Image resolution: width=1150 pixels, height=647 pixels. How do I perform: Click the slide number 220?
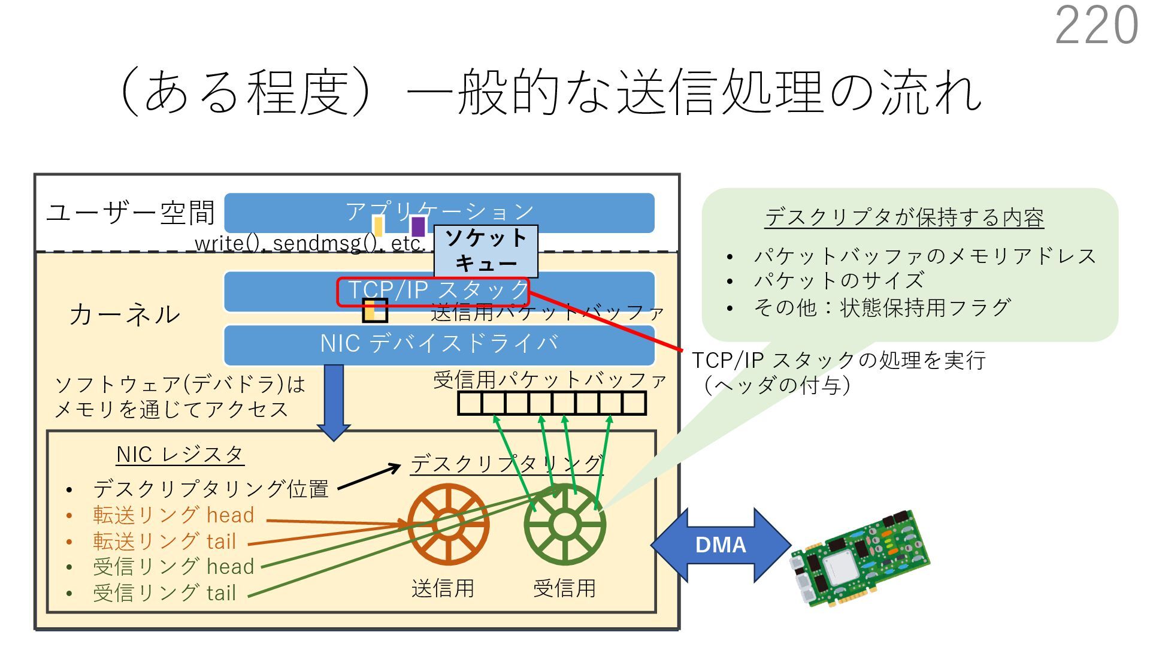1096,25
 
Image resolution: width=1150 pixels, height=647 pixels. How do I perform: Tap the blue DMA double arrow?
721,545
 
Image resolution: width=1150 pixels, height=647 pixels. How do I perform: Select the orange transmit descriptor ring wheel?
448,525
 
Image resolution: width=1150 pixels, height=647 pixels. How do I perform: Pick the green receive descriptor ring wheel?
564,525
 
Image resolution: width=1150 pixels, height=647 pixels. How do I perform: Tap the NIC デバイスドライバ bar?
439,344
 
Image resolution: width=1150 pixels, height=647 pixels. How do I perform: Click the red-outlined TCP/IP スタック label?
433,291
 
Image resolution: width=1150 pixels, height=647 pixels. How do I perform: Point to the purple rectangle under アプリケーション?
417,226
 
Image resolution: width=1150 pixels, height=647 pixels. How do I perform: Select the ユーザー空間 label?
131,213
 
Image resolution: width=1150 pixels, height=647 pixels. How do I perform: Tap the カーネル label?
125,315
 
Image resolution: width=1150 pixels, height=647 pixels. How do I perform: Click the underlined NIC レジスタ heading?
180,454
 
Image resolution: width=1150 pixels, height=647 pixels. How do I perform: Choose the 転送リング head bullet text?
173,515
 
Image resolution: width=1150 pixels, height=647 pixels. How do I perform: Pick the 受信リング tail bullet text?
164,593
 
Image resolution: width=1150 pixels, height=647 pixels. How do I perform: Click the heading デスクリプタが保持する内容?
904,217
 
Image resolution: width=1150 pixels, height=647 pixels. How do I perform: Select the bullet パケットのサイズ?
839,280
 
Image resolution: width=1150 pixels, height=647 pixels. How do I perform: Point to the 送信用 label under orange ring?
443,588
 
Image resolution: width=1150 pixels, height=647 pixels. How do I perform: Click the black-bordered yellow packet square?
375,310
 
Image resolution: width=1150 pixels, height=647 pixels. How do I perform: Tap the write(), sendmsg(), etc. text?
310,243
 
